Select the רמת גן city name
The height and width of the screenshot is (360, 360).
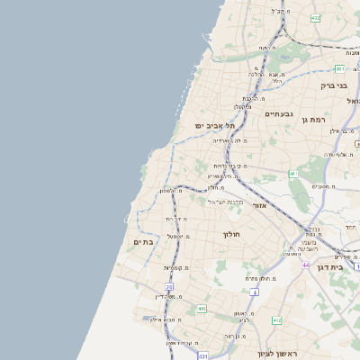point(333,118)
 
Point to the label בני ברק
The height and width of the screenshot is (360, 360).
point(333,85)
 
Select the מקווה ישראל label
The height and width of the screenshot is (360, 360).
point(226,201)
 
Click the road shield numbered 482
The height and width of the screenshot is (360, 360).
point(315,18)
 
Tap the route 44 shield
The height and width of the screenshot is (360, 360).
point(306,265)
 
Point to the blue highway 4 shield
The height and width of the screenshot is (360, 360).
point(255,292)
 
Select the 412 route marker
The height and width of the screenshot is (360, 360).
point(276,320)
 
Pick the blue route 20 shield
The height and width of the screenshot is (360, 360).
point(168,286)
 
